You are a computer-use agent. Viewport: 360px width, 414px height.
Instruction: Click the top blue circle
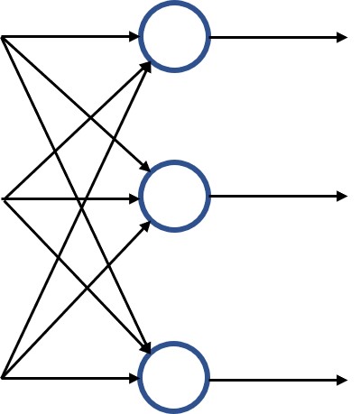[x=175, y=37]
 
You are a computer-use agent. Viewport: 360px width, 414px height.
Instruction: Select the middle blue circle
[x=175, y=196]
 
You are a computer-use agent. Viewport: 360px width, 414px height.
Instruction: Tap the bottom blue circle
[x=174, y=378]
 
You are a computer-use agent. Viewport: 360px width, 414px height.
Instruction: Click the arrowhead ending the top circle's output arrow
[x=342, y=38]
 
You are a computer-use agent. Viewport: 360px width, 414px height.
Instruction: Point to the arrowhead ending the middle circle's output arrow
[x=342, y=196]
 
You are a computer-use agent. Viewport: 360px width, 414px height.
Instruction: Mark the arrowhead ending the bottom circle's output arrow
[x=342, y=381]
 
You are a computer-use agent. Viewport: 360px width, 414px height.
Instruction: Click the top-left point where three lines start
[x=3, y=37]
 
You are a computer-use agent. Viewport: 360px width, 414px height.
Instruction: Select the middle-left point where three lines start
[x=5, y=198]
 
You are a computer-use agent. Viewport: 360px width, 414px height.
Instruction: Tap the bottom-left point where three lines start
[x=3, y=377]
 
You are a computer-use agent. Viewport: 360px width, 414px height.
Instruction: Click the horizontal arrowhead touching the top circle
[x=134, y=37]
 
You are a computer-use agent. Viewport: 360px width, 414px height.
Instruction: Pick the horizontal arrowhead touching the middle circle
[x=134, y=198]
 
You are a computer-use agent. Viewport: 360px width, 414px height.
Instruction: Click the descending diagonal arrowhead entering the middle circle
[x=145, y=167]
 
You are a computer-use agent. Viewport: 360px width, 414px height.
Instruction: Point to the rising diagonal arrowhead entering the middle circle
[x=145, y=226]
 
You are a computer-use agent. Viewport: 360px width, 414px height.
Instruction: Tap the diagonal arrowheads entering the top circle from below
[x=147, y=65]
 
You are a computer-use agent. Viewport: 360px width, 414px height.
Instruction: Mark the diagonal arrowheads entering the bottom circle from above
[x=146, y=349]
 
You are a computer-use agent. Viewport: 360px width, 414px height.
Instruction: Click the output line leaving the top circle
[x=271, y=38]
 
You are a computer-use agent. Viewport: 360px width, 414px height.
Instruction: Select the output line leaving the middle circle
[x=271, y=196]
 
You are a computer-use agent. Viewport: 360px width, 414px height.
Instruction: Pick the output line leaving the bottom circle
[x=271, y=381]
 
